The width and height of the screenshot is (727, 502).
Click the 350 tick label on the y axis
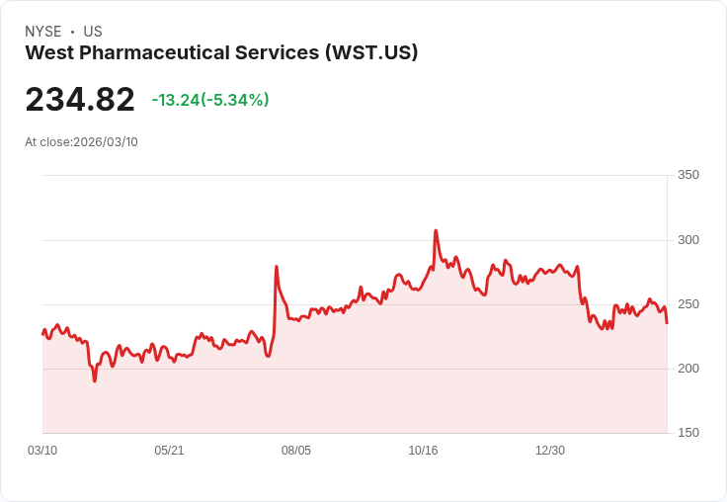(687, 175)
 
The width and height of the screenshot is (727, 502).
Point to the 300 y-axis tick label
(687, 240)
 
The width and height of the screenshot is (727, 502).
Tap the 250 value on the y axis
(687, 304)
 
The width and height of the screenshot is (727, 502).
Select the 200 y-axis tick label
(687, 369)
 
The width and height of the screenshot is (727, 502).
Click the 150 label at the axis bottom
(687, 433)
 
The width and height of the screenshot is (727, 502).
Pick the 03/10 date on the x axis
(42, 451)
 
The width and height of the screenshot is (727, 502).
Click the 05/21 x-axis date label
(169, 451)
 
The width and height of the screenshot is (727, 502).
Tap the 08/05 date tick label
(296, 451)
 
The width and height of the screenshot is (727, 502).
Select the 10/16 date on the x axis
(423, 451)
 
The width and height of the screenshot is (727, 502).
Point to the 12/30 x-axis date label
(550, 451)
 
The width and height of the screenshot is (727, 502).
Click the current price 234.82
(80, 100)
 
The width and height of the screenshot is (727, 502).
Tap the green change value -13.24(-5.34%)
(210, 100)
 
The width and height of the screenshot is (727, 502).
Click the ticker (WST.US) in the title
(371, 52)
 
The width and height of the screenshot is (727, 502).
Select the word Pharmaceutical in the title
(165, 52)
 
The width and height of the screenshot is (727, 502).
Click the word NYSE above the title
(43, 32)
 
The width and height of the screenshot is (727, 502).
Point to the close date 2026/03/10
(106, 142)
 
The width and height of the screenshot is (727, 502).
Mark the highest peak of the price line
(436, 231)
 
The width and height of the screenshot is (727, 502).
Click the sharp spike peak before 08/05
(277, 267)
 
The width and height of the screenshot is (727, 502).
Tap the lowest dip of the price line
(95, 380)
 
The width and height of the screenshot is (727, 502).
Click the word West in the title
(47, 52)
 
